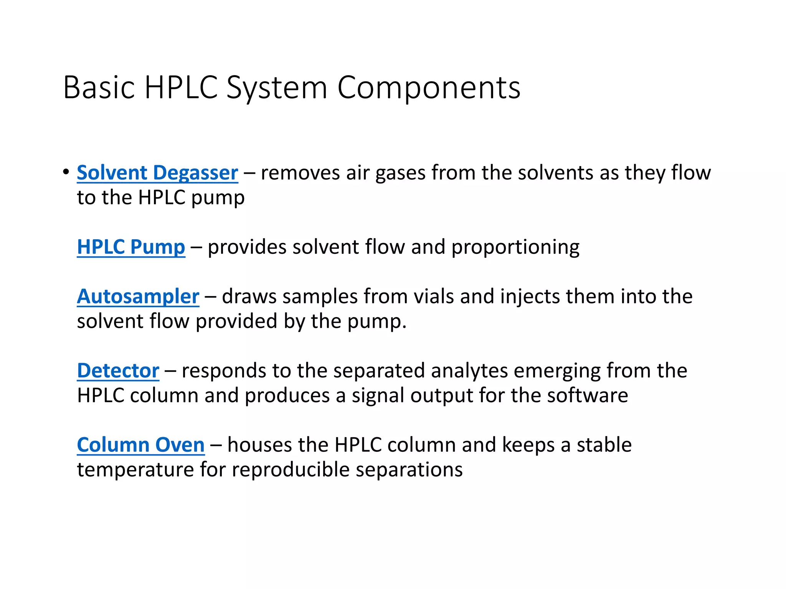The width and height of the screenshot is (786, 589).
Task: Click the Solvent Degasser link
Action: coord(157,173)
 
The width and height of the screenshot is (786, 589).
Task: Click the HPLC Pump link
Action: coord(131,247)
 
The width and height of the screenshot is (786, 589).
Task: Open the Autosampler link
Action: coord(138,296)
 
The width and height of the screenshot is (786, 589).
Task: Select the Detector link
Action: coord(118,371)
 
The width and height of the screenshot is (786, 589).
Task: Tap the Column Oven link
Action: coord(140,445)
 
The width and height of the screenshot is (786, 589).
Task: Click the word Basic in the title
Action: coord(99,88)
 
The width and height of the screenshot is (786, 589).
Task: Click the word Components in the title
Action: coord(428,88)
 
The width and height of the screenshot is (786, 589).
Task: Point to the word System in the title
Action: coord(276,88)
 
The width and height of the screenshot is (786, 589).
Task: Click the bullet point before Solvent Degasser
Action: coord(66,172)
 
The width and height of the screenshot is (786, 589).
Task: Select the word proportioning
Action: coord(515,247)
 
